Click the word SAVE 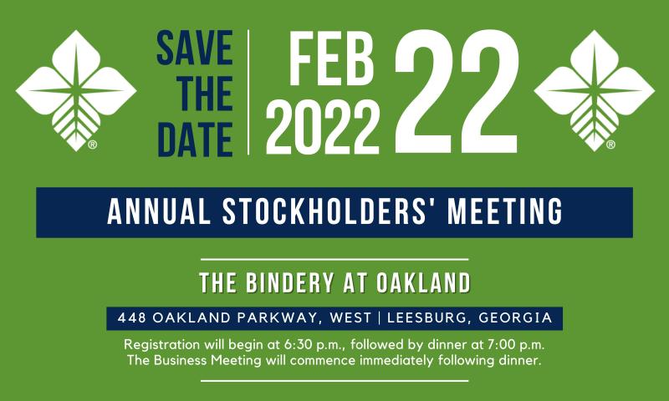point(195,48)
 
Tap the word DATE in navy point(196,140)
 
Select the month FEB point(331,59)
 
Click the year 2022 point(323,128)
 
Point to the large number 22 point(457,91)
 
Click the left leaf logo point(76,90)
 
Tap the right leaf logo point(594,90)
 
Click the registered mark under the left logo point(93,145)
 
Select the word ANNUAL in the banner point(159,212)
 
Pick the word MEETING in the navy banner point(505,212)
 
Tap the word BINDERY point(289,283)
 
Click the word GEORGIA point(516,318)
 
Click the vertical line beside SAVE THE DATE point(248,92)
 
